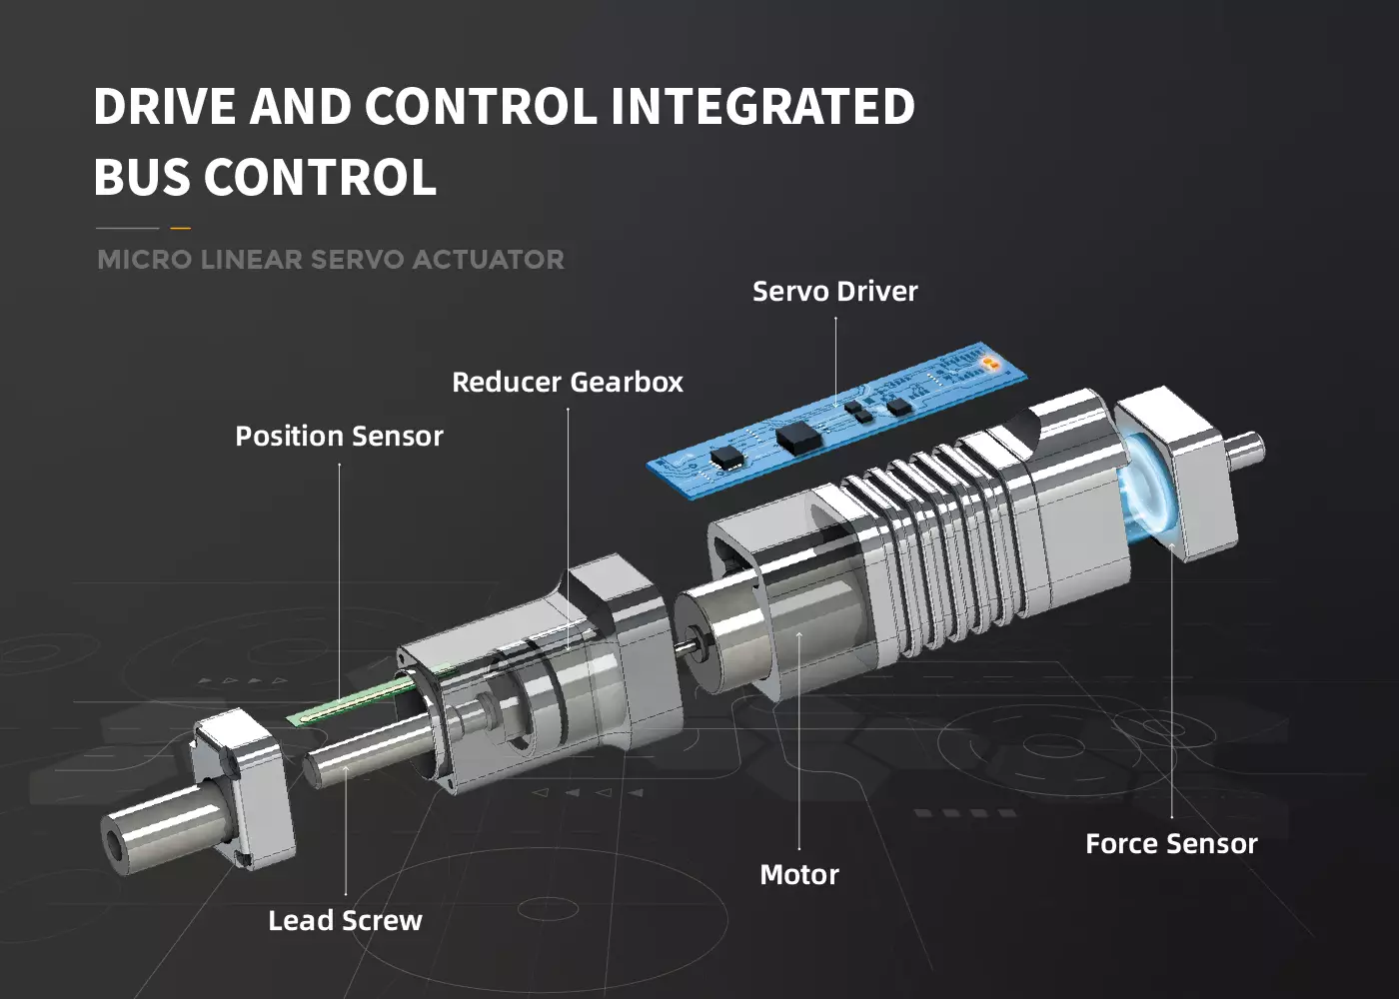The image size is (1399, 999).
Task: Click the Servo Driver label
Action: click(835, 292)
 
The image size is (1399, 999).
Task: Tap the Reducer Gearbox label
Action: click(568, 382)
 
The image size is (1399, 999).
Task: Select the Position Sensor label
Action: click(339, 436)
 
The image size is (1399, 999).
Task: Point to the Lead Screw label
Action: click(346, 921)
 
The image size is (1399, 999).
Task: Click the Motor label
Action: click(799, 875)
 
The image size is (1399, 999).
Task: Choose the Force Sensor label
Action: click(1171, 844)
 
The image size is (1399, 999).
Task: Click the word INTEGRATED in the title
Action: click(762, 106)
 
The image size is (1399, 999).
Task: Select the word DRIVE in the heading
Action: click(165, 106)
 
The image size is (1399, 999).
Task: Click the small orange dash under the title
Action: click(181, 228)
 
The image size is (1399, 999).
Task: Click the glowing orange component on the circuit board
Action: click(988, 362)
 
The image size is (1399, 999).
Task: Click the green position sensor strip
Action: click(369, 695)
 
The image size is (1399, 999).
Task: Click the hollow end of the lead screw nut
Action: click(118, 845)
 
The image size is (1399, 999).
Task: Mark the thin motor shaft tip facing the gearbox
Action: click(686, 647)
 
